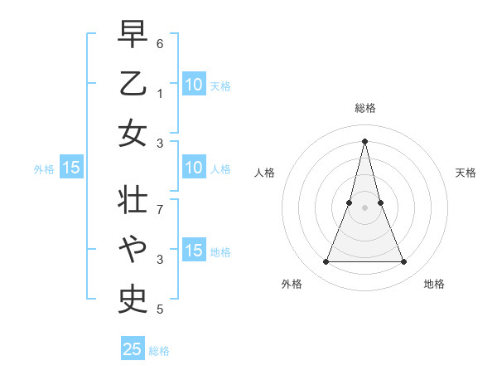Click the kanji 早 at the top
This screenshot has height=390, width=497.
[133, 34]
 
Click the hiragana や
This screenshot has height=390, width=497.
[133, 246]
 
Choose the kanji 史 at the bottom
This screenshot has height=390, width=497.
[133, 296]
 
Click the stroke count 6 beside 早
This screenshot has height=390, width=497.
[160, 42]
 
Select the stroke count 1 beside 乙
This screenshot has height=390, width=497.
[160, 92]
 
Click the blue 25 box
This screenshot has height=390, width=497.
[133, 349]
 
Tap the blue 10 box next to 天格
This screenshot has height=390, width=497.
[194, 84]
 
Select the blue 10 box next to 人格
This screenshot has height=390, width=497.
[194, 168]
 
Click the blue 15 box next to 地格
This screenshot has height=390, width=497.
[194, 251]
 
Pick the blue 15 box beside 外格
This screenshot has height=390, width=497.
[71, 168]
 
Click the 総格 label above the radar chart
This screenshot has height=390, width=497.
[365, 108]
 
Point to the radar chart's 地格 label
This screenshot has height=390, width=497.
[434, 285]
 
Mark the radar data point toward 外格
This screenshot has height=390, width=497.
[326, 262]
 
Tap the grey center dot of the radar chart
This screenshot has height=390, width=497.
[365, 207]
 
